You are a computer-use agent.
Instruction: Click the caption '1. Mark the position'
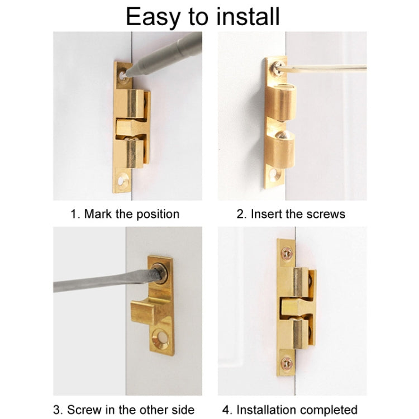(x=125, y=214)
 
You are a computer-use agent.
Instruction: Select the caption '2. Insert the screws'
(x=291, y=214)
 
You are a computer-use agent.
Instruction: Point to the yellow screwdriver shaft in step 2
(x=324, y=69)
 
